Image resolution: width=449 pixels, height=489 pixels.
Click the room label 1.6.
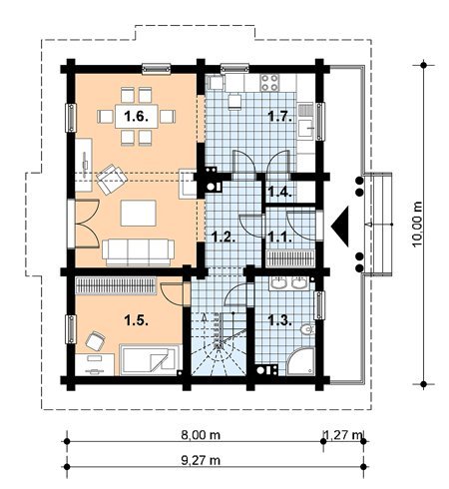[x=136, y=117]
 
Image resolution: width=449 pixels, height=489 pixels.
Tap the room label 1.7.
[x=280, y=117]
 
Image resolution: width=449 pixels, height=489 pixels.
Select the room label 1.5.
[x=136, y=320]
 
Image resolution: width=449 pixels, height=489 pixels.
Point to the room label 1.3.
[x=280, y=320]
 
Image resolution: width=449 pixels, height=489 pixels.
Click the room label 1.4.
[x=280, y=192]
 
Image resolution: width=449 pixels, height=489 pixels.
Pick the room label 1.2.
[x=224, y=238]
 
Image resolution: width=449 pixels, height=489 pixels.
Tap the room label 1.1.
[x=280, y=238]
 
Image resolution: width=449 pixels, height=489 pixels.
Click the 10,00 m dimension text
[x=417, y=224]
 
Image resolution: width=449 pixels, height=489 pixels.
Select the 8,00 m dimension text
[x=201, y=434]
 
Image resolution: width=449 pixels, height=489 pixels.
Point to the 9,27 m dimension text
[x=201, y=460]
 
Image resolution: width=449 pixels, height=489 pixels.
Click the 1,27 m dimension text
[x=342, y=434]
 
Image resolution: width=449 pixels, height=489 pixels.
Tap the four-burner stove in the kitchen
[x=269, y=83]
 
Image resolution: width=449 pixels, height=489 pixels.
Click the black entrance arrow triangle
[x=340, y=227]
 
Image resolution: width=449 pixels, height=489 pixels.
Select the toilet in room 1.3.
[x=307, y=329]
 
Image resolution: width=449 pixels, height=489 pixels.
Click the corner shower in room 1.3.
[x=300, y=361]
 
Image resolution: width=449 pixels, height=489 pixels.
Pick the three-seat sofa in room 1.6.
[x=138, y=252]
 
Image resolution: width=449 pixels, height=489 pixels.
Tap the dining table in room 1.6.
[x=137, y=116]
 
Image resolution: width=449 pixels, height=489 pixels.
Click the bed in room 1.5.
[x=151, y=360]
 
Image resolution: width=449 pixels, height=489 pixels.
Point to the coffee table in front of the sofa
[x=138, y=213]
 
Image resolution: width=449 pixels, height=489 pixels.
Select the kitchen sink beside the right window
[x=305, y=121]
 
